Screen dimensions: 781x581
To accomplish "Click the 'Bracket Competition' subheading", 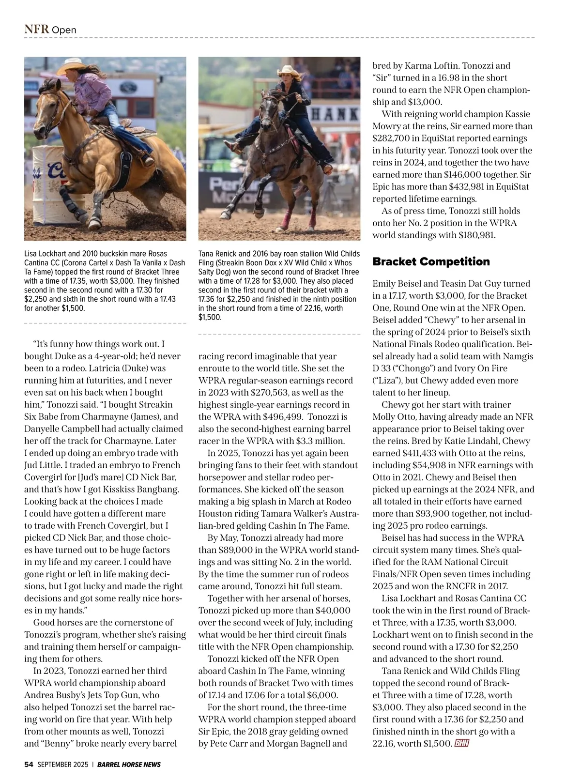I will pyautogui.click(x=431, y=261).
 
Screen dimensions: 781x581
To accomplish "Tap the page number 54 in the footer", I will pyautogui.click(x=29, y=765).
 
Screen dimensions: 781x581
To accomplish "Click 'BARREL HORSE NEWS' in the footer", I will pyautogui.click(x=129, y=765).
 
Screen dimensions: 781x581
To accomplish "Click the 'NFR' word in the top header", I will pyautogui.click(x=37, y=29).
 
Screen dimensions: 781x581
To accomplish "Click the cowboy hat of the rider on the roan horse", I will pyautogui.click(x=290, y=70).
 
